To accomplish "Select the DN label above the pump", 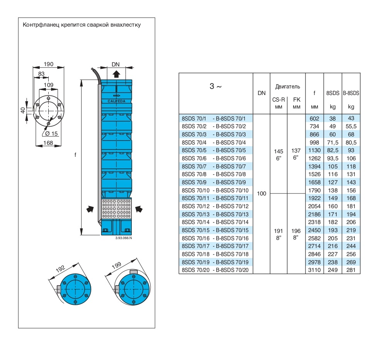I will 116,64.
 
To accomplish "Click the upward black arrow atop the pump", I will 116,74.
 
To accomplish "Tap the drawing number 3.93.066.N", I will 124,238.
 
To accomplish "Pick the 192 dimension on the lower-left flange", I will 61,269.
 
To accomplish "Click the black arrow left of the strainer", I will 90,209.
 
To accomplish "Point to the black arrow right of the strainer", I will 139,209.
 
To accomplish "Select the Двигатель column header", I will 287,87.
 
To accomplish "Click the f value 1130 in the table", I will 314,150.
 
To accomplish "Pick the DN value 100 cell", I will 262,194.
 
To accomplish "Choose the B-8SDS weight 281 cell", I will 351,270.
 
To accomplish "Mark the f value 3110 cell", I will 314,270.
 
